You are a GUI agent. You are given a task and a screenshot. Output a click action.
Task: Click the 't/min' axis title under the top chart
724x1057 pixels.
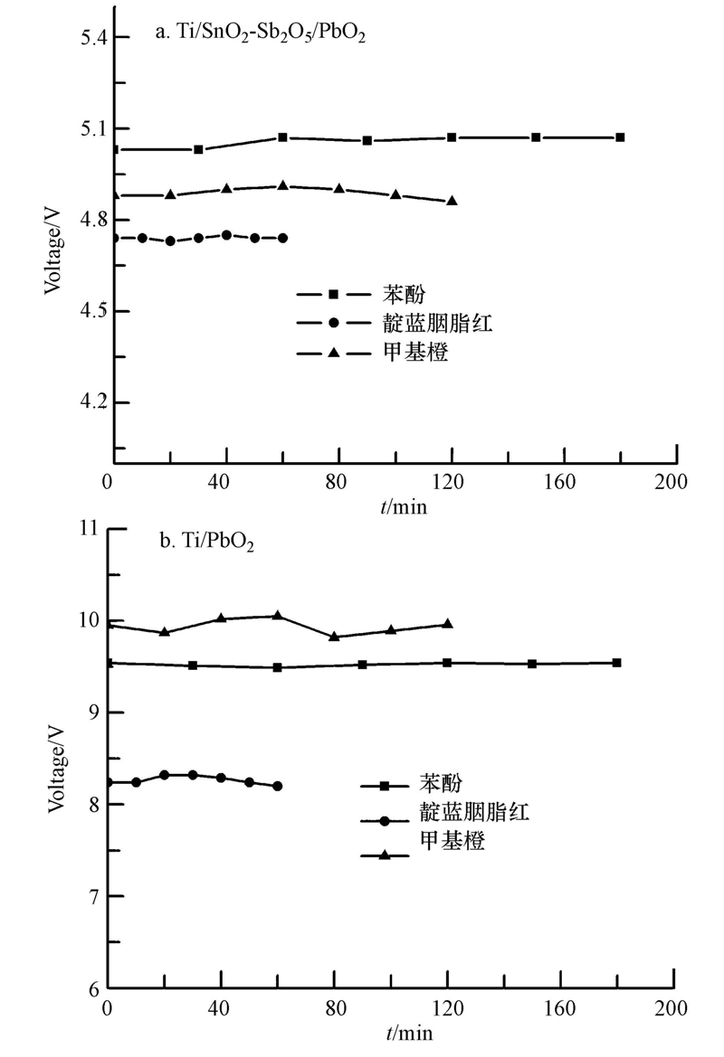(404, 506)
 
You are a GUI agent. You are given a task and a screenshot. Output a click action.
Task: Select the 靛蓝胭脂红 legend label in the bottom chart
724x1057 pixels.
(472, 812)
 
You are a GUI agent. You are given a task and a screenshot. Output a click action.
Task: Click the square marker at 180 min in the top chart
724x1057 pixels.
(620, 137)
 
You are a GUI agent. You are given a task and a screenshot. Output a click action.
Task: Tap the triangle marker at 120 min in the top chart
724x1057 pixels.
(452, 201)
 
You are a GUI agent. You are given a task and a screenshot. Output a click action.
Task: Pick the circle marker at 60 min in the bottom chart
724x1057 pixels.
(277, 786)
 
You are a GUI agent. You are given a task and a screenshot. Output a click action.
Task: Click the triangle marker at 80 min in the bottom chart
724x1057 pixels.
(334, 637)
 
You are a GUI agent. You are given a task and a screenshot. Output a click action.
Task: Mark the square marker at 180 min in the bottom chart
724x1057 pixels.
(616, 663)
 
